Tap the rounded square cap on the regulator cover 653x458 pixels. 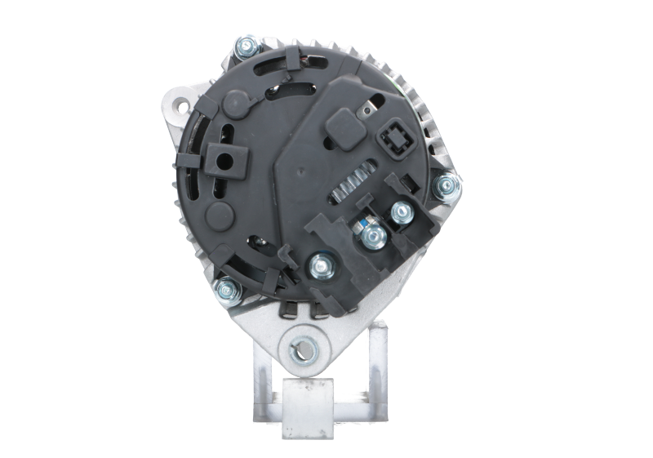coord(340,127)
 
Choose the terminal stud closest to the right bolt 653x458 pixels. coord(401,213)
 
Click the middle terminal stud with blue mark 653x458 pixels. coord(375,237)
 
